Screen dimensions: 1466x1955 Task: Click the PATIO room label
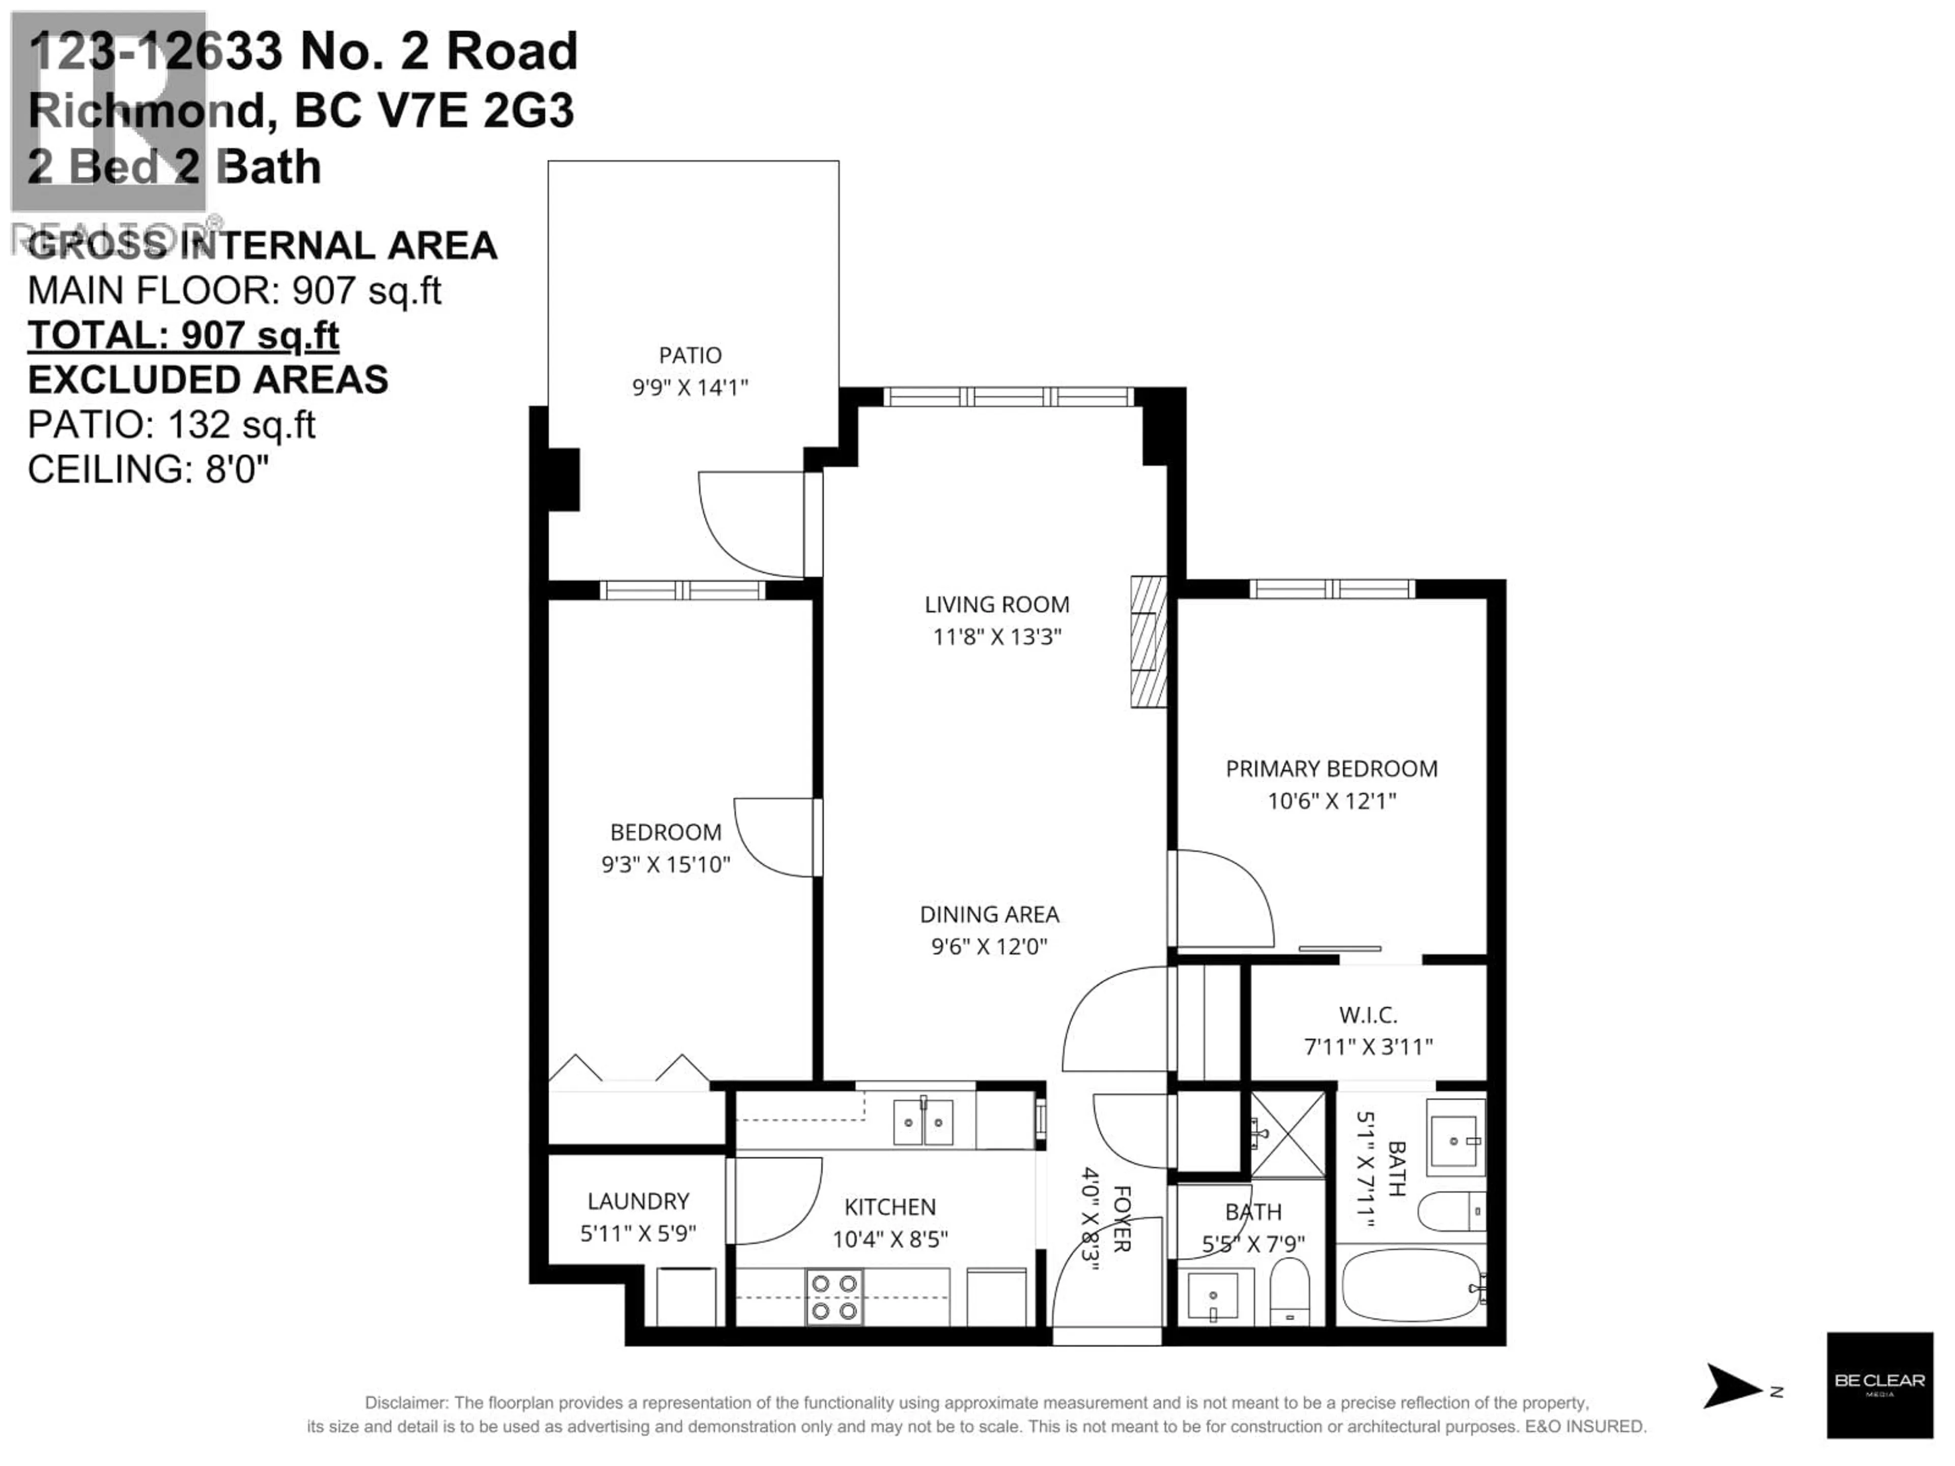pos(690,355)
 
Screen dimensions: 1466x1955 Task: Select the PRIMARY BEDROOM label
pos(1331,769)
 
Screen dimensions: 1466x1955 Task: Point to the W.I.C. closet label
pos(1368,1016)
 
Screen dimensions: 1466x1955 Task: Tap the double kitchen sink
pos(923,1122)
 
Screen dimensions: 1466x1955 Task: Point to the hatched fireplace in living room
pos(1148,641)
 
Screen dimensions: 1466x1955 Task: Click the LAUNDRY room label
pos(638,1201)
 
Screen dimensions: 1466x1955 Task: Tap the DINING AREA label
pos(989,915)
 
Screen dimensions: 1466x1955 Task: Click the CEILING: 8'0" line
pos(148,469)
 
